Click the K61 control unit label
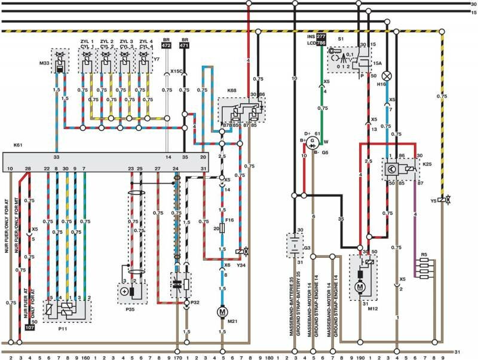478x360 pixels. pos(17,145)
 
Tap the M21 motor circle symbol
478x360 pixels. pos(222,312)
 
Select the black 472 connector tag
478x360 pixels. pos(167,45)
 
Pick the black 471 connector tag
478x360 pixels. pos(185,45)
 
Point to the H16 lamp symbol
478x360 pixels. pos(387,76)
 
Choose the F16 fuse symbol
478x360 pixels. pos(222,228)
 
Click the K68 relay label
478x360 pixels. pos(232,90)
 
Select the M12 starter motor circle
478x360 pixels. pos(360,287)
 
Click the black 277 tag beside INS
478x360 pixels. pos(321,36)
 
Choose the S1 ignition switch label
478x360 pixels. pos(341,38)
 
